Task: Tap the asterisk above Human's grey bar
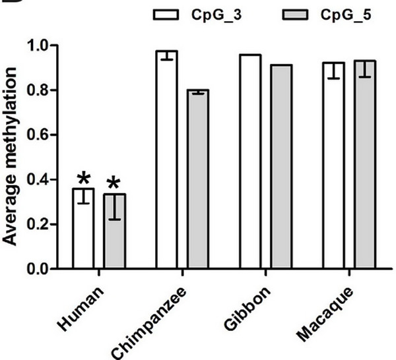[x=115, y=183]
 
